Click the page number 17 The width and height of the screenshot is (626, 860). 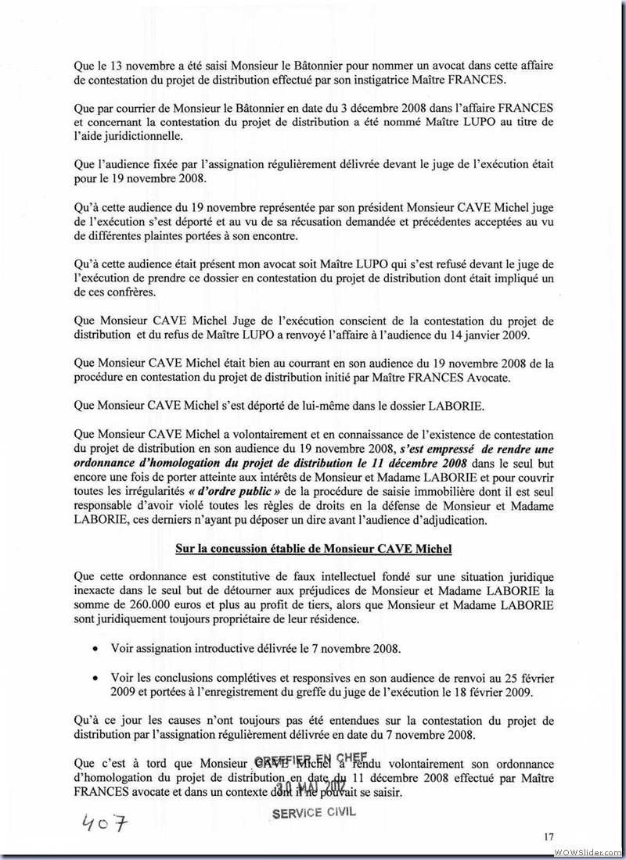[x=549, y=837]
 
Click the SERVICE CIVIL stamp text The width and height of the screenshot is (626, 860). [x=314, y=812]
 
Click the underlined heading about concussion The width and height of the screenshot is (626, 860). [x=314, y=549]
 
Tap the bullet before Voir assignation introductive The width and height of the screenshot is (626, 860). [x=95, y=649]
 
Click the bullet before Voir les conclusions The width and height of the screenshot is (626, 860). [x=95, y=677]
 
